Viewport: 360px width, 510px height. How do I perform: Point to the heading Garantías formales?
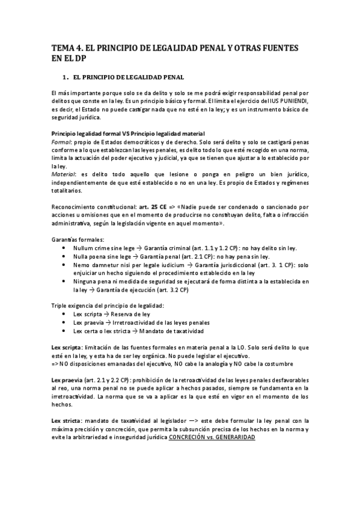click(77, 239)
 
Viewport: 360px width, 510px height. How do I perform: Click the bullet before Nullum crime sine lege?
click(65, 248)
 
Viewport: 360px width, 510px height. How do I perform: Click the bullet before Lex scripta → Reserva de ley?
click(65, 314)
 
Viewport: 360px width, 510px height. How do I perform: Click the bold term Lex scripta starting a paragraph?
click(66, 348)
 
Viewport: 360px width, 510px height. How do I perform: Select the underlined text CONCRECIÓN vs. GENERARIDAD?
click(212, 438)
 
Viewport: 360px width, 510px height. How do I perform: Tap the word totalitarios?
click(67, 191)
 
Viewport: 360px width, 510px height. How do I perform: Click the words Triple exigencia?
click(74, 306)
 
